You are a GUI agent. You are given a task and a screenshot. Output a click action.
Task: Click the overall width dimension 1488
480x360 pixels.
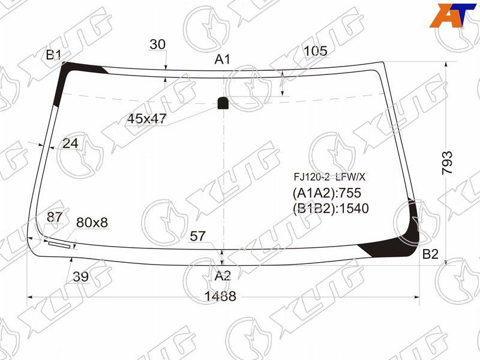pyautogui.click(x=220, y=296)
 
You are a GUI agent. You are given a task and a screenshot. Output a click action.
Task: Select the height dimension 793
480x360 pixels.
pyautogui.click(x=447, y=163)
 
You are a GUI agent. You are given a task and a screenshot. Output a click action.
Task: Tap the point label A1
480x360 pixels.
pyautogui.click(x=222, y=59)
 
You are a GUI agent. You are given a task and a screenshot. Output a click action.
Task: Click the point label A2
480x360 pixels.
pyautogui.click(x=223, y=276)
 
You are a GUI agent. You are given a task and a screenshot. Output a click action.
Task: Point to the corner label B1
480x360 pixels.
pyautogui.click(x=53, y=55)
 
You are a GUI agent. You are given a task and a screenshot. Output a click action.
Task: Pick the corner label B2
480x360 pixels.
pyautogui.click(x=430, y=254)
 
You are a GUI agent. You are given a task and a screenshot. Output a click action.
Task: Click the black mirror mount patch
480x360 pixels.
pyautogui.click(x=223, y=103)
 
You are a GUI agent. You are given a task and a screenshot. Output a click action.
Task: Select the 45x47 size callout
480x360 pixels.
pyautogui.click(x=146, y=119)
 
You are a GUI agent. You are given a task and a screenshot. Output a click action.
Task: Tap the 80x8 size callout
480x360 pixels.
pyautogui.click(x=92, y=223)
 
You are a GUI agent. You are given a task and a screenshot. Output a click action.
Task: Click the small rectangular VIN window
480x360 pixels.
pyautogui.click(x=59, y=245)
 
